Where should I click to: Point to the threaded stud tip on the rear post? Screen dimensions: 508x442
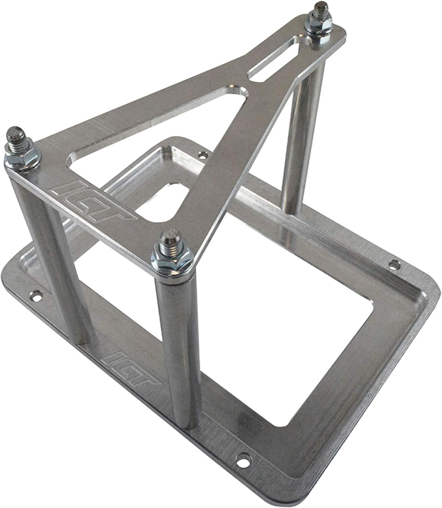click(x=320, y=7)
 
